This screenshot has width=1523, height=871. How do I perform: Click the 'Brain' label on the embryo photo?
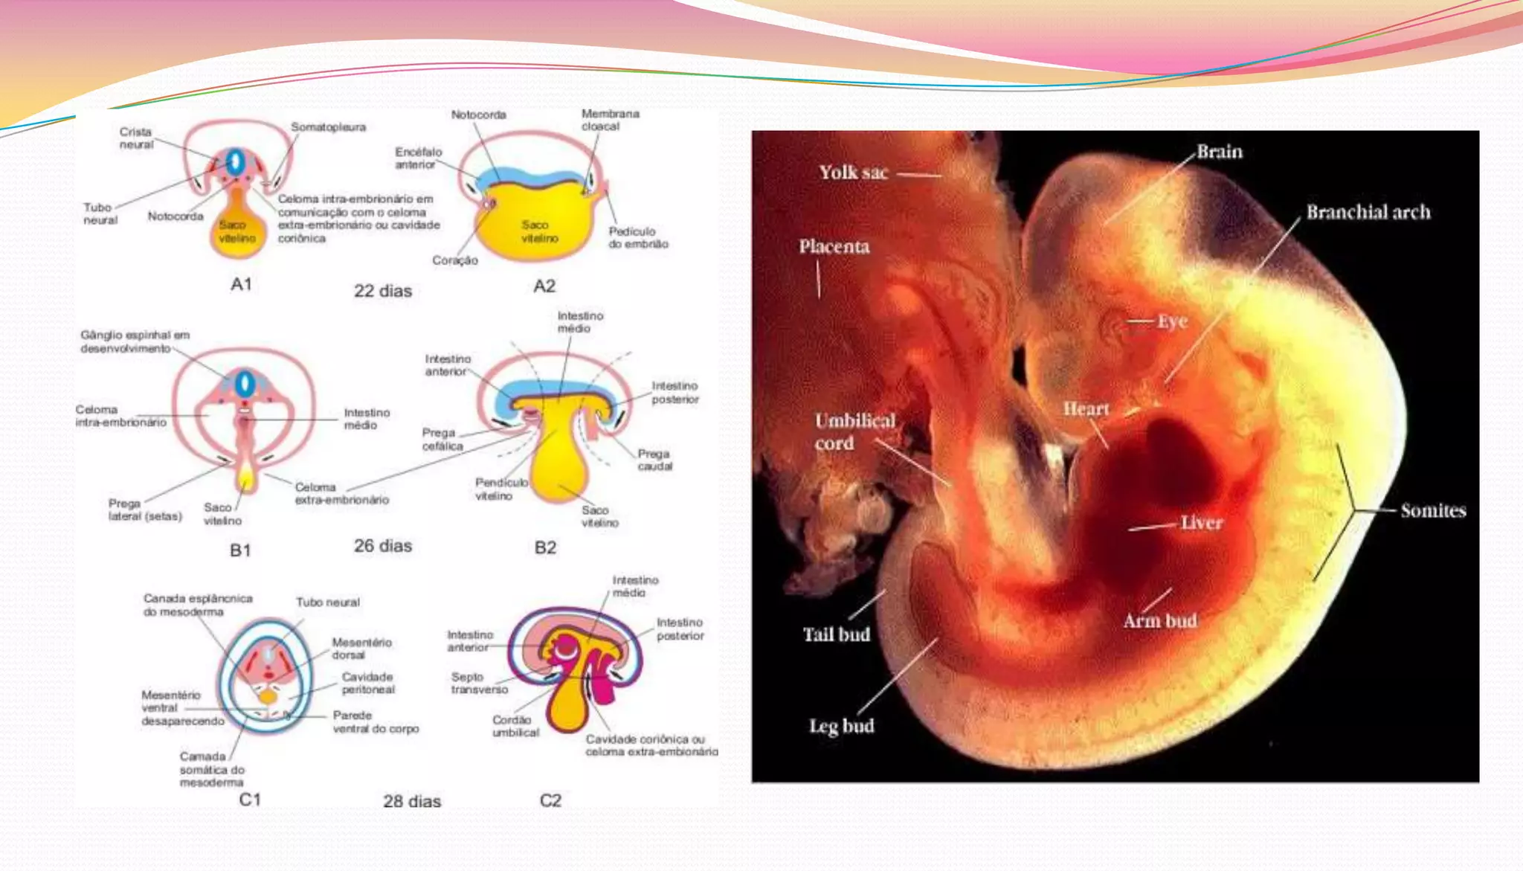[x=1219, y=152]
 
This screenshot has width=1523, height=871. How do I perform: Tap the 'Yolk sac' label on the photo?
[x=853, y=173]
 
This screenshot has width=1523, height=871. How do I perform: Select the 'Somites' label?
[x=1433, y=510]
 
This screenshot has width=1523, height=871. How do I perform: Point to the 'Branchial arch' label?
[x=1368, y=212]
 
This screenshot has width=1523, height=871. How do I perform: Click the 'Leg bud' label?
[x=841, y=725]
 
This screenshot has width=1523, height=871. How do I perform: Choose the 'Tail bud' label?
[x=836, y=634]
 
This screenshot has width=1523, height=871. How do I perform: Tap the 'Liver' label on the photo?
[x=1201, y=523]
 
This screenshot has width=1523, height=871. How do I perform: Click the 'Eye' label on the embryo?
[x=1172, y=321]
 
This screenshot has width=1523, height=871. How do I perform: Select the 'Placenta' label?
[x=834, y=246]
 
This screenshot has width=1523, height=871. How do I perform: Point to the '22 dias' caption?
[x=382, y=291]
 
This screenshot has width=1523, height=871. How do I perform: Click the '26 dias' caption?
[x=382, y=546]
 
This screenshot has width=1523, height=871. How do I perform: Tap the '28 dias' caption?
[x=412, y=801]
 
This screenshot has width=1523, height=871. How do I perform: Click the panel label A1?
[x=241, y=284]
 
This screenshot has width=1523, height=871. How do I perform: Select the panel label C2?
[x=550, y=800]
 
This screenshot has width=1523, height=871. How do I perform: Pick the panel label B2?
[x=545, y=547]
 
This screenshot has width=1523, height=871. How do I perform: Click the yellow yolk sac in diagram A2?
[x=535, y=223]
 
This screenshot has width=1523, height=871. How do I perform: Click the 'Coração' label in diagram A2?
[x=455, y=260]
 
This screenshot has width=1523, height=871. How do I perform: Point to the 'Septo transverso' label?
[x=479, y=683]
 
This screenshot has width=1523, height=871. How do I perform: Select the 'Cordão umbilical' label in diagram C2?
[x=515, y=726]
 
